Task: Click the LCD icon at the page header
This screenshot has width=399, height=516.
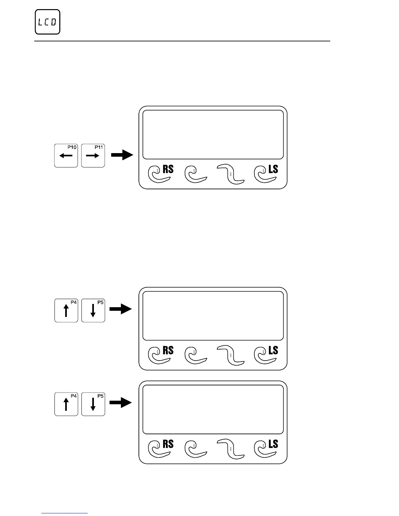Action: click(48, 22)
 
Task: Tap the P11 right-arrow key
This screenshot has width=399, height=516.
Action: click(93, 155)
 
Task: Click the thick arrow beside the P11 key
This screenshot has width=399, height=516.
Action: click(122, 155)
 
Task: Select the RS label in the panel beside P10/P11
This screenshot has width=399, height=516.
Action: click(168, 169)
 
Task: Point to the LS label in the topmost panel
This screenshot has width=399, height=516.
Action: click(273, 169)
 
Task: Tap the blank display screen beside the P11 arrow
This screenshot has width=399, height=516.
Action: click(213, 134)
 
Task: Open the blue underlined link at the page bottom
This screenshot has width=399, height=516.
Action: click(65, 513)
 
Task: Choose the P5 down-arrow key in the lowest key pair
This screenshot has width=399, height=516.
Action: click(93, 404)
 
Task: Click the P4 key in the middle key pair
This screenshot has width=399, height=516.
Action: click(66, 310)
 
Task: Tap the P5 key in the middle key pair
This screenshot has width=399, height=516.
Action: click(93, 310)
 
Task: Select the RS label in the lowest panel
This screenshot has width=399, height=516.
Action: click(168, 444)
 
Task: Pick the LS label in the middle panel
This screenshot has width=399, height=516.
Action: click(273, 351)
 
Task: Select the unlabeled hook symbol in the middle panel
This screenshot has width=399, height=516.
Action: click(195, 356)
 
